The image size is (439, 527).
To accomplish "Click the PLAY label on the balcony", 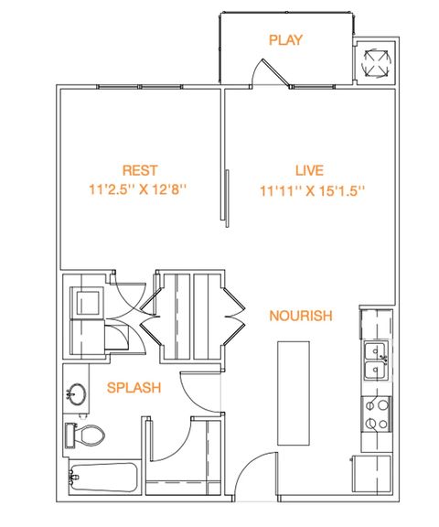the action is click(285, 40).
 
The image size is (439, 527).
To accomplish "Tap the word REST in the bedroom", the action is click(140, 170).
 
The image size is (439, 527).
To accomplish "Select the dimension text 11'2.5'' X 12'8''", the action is click(137, 189).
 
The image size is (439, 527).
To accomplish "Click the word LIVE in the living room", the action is click(309, 170).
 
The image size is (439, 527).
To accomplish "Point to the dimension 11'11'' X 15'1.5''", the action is click(313, 191).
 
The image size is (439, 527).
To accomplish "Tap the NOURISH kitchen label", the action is click(301, 316).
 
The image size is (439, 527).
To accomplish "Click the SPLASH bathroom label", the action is click(134, 388).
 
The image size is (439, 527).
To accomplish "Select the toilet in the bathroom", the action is click(85, 435).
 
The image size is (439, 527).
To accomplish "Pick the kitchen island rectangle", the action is click(294, 393).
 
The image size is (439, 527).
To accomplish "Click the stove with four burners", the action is click(376, 414).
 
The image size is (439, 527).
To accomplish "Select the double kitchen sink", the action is click(377, 360).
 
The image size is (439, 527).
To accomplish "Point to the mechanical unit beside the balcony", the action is click(376, 63).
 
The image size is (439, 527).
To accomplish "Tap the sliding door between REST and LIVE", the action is click(225, 198).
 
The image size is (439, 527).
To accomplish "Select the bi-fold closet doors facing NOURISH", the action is click(234, 316).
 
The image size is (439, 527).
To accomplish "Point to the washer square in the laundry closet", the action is click(88, 302).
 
